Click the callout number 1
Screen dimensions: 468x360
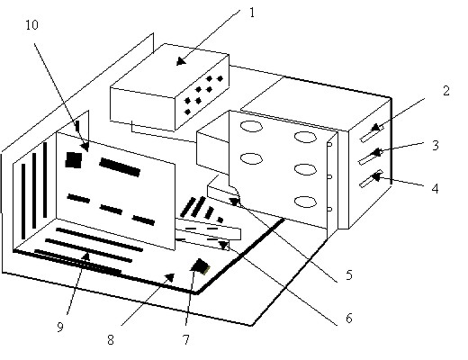[x=252, y=13]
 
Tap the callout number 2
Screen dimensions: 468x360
[x=446, y=91]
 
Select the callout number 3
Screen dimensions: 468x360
[x=436, y=145]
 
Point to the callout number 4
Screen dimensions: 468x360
[x=435, y=189]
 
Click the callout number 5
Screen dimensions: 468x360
[x=348, y=274]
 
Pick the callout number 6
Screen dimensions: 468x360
[x=348, y=319]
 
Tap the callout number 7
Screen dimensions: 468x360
[x=186, y=340]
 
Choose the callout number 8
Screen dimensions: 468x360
[x=111, y=340]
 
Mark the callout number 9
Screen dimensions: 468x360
[x=60, y=327]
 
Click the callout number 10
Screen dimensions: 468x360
[x=31, y=25]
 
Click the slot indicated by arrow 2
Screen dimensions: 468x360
[x=372, y=134]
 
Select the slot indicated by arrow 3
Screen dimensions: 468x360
[x=371, y=157]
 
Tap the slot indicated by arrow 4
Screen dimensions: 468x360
[x=371, y=178]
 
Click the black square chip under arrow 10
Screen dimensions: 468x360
[x=74, y=160]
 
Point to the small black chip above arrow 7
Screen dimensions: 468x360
[x=200, y=266]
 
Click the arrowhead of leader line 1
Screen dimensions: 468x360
[x=181, y=61]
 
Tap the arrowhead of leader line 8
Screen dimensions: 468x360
[x=170, y=277]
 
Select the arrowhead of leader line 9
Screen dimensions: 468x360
[x=86, y=256]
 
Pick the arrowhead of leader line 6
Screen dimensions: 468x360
[x=223, y=245]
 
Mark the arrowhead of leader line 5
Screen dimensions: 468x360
[x=235, y=202]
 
